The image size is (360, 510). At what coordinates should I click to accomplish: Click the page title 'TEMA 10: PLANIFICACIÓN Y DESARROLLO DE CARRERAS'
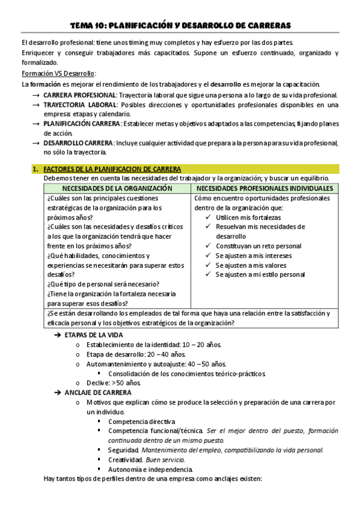[x=180, y=25]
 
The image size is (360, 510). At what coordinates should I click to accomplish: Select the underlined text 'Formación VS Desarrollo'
[x=58, y=73]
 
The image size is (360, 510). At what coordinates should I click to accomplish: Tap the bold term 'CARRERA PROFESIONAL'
[x=80, y=95]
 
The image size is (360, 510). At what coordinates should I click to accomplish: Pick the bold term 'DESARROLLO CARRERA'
[x=78, y=143]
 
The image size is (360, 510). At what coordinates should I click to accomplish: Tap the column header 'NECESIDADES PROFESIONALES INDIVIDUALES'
[x=266, y=188]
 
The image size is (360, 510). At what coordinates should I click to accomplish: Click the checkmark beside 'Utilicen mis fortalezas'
[x=208, y=217]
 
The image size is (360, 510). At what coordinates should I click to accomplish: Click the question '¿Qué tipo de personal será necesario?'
[x=101, y=284]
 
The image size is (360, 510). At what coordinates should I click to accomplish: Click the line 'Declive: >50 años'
[x=114, y=382]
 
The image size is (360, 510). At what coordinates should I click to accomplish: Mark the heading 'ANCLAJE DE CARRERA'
[x=95, y=392]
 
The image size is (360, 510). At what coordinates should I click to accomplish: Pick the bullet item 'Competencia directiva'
[x=142, y=421]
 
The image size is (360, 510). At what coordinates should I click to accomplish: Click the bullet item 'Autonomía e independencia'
[x=150, y=469]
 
